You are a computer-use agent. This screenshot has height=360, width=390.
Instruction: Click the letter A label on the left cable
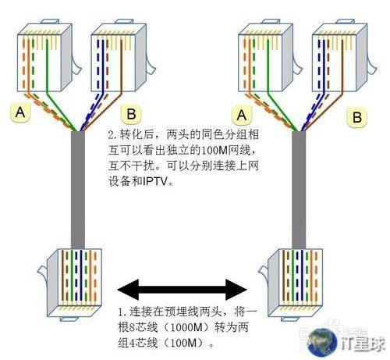tap(20, 112)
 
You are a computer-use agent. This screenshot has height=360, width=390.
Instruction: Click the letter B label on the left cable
tap(131, 114)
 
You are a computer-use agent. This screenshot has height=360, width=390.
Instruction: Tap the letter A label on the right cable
tap(242, 115)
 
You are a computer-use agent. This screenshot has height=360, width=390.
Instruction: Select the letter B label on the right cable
tap(357, 117)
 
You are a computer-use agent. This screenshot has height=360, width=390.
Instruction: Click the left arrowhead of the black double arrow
tap(128, 289)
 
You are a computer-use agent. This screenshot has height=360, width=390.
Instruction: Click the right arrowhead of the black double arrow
tap(236, 289)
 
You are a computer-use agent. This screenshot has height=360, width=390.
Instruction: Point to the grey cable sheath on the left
tap(78, 190)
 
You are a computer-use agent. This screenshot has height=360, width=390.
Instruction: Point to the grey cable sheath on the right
tap(299, 190)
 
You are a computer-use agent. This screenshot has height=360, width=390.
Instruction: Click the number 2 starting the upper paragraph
tap(112, 135)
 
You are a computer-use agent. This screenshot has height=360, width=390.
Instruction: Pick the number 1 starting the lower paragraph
tap(121, 312)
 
